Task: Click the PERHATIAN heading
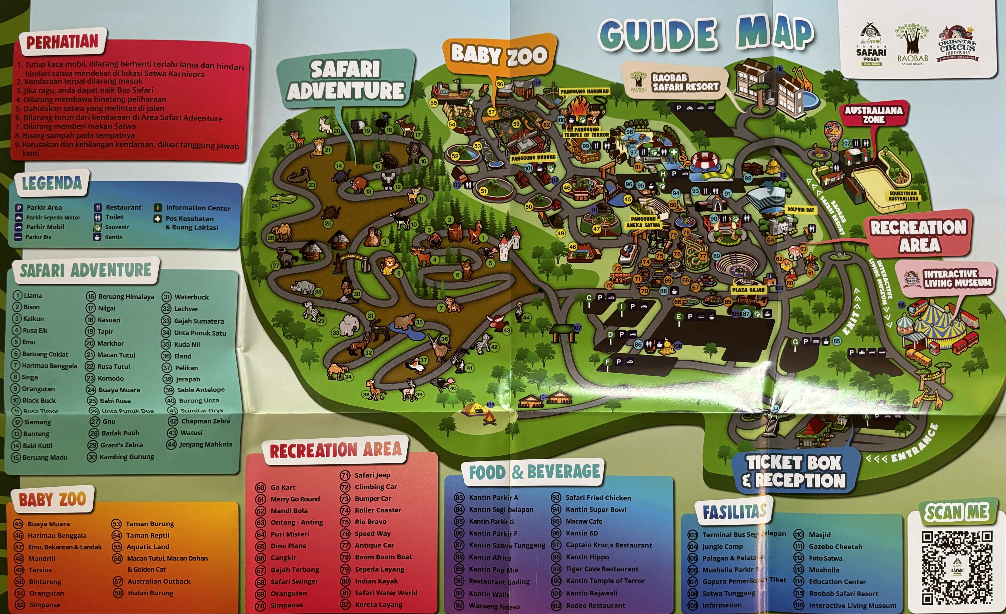pos(62,42)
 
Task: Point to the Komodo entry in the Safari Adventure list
pos(110,378)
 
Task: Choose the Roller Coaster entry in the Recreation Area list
pos(378,510)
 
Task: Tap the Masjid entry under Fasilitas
pos(820,535)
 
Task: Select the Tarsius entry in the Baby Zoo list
pos(40,570)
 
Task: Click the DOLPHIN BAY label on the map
pos(800,210)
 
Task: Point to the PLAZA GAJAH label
pos(748,289)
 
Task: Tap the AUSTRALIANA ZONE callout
pos(873,115)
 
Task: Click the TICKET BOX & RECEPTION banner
pos(794,471)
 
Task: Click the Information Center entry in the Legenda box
pos(198,208)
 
